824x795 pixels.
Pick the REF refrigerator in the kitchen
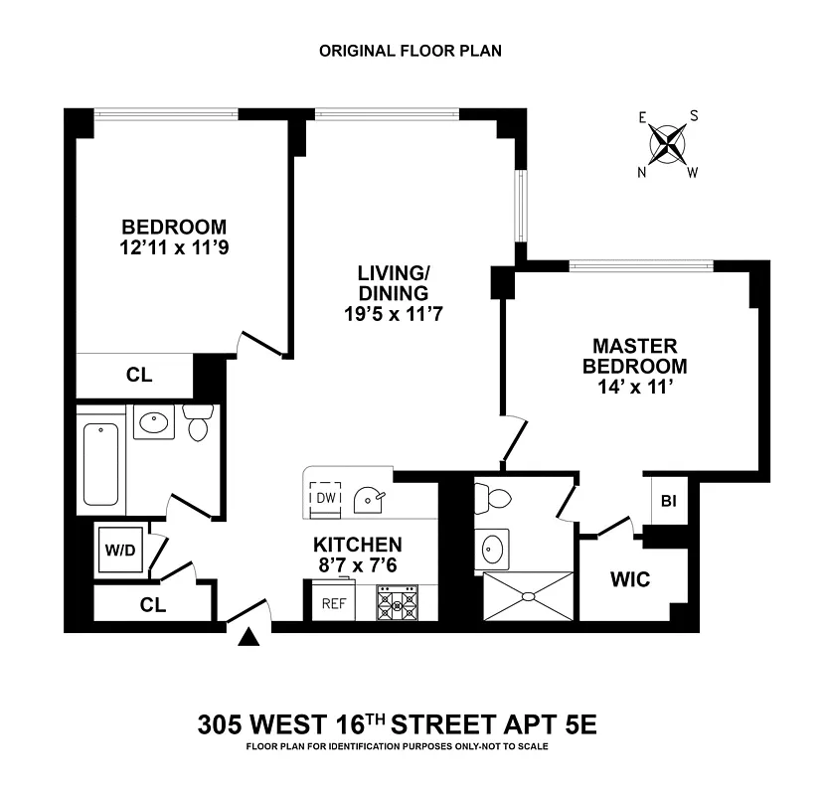pyautogui.click(x=334, y=602)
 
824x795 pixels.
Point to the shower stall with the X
pyautogui.click(x=529, y=596)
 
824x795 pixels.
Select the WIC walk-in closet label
pyautogui.click(x=629, y=579)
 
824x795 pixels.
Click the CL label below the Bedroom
pyautogui.click(x=138, y=376)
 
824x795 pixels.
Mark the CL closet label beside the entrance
pyautogui.click(x=152, y=603)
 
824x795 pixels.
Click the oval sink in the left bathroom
pyautogui.click(x=154, y=423)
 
